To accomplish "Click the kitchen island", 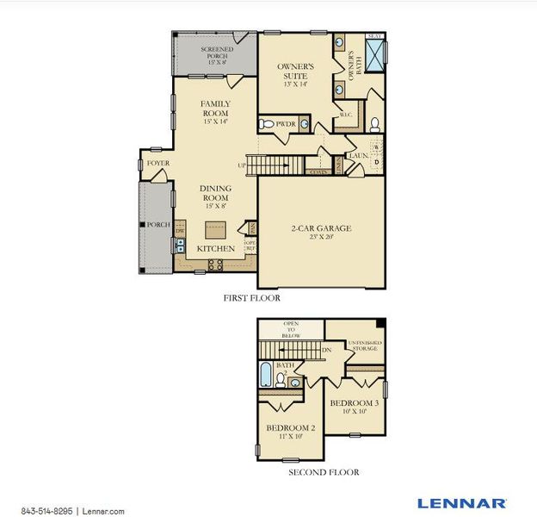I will [215, 230].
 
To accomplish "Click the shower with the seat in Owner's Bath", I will [374, 53].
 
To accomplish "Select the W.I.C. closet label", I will [345, 115].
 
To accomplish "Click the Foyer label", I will [157, 162].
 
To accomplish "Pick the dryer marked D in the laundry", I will [376, 161].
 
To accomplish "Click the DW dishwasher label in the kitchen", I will [180, 231].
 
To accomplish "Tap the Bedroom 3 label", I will [353, 403].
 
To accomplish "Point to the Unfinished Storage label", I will [365, 346].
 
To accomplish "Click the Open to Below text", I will [292, 330].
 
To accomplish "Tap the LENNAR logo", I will [462, 502].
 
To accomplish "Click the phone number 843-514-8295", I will [46, 511].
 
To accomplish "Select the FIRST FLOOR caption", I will [251, 297].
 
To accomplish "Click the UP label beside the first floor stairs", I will [244, 165].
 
